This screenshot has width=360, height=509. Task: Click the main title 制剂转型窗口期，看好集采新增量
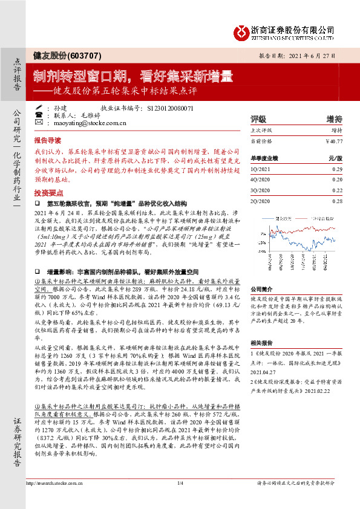133,77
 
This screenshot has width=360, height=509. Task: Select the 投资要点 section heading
46,192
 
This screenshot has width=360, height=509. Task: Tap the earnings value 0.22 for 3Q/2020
337,190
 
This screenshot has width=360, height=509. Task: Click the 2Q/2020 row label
260,200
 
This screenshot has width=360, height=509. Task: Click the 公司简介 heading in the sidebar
261,288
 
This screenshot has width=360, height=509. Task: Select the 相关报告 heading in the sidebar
261,342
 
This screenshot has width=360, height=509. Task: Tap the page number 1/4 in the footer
180,500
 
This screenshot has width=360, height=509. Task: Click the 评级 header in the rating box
259,118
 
